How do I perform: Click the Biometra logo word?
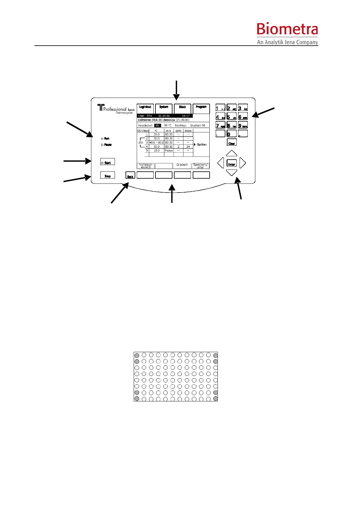coord(287,30)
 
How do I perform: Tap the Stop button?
coord(107,175)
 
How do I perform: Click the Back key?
coord(130,176)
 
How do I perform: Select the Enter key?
coord(231,164)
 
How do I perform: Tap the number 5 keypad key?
coord(231,117)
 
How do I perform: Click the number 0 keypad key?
coord(231,134)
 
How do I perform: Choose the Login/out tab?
coord(145,108)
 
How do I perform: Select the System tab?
coord(164,108)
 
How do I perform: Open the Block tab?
coord(182,108)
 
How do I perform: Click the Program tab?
coord(201,108)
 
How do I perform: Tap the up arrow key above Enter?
coord(232,153)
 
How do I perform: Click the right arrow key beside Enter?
coord(243,163)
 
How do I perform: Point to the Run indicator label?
coord(107,138)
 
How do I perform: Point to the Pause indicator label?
coord(108,145)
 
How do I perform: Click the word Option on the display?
coord(201,144)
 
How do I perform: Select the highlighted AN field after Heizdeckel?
coord(157,125)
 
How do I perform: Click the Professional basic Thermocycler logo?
coord(116,109)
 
